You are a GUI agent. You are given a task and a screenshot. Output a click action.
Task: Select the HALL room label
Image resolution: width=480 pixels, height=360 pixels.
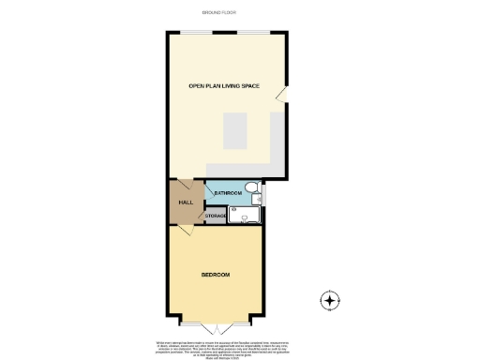point(185,202)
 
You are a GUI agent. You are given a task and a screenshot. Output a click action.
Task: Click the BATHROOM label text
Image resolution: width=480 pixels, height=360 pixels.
point(228,193)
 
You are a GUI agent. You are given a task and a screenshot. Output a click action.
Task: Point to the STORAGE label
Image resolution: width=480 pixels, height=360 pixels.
point(216,217)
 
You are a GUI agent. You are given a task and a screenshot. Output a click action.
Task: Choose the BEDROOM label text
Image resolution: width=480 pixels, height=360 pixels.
point(216,276)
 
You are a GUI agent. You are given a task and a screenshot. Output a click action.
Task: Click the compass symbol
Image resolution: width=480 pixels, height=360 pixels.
point(329,301)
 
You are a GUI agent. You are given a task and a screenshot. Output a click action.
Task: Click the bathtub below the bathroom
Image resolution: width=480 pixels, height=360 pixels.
point(246,216)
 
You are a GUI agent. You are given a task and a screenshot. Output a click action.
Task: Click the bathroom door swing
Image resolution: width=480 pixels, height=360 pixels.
point(211,194)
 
